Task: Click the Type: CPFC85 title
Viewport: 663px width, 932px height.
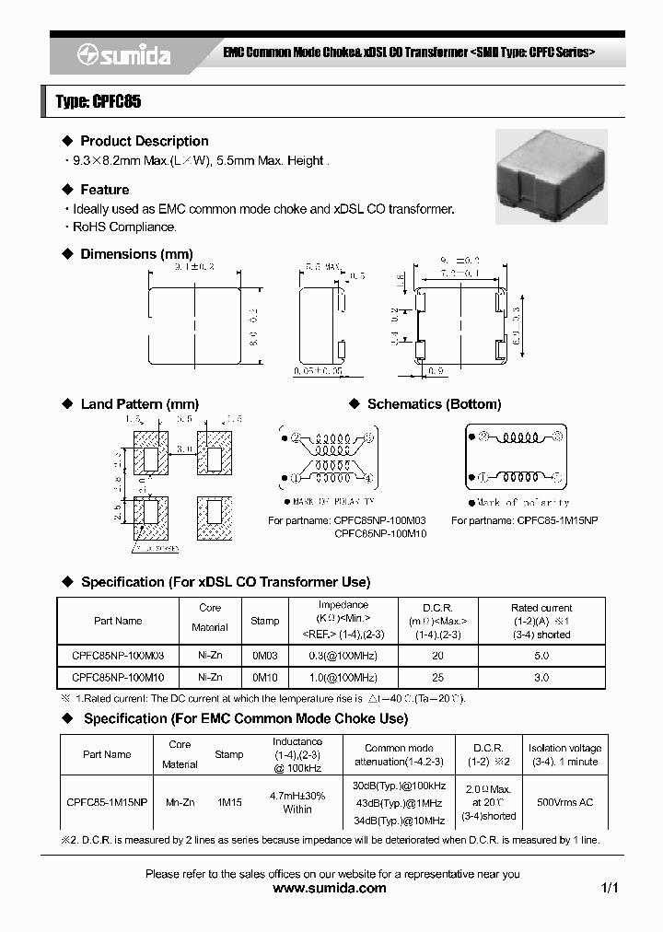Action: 99,102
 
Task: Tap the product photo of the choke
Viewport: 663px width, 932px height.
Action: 551,175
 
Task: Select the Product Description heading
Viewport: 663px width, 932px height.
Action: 144,141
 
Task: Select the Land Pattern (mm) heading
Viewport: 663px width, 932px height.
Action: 139,404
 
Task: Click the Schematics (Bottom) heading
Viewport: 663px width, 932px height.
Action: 434,404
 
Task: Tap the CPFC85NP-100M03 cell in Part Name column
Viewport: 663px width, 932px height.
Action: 118,656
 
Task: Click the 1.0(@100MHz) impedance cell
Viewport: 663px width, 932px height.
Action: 343,678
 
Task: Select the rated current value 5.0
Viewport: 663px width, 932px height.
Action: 541,656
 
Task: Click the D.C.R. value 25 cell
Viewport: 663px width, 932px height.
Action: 437,678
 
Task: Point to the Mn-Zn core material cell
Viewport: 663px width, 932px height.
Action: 180,803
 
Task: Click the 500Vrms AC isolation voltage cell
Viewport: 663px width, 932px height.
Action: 564,803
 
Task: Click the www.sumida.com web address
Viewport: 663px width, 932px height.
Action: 331,889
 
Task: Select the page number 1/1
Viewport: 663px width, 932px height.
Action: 610,889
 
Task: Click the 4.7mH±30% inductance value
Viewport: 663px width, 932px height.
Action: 297,795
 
